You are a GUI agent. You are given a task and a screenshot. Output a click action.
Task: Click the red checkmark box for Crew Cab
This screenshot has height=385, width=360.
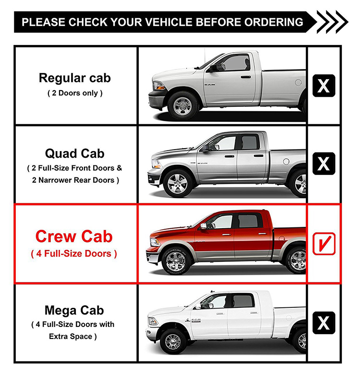(324, 244)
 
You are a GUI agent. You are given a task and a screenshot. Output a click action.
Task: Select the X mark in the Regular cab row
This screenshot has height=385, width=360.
(324, 86)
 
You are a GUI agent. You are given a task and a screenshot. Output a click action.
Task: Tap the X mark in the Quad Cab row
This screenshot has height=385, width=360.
(324, 164)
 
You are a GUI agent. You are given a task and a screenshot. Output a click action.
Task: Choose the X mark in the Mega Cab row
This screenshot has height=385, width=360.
(324, 323)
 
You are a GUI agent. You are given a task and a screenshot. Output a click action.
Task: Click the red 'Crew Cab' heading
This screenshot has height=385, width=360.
(74, 236)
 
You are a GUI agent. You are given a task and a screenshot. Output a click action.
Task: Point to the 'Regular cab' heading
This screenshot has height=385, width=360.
(74, 78)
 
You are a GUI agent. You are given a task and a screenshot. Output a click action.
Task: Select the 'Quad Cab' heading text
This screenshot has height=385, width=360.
(74, 154)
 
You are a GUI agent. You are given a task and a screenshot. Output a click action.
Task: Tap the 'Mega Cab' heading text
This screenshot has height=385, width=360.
(74, 310)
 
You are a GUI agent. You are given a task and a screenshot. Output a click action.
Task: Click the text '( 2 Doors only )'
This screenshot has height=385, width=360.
(74, 93)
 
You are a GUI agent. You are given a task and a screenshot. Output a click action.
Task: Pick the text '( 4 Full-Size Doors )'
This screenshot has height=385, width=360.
(74, 254)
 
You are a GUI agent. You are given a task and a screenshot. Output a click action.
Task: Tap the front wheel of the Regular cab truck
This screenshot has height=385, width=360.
(183, 105)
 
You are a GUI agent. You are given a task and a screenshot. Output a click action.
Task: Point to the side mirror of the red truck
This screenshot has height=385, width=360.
(204, 225)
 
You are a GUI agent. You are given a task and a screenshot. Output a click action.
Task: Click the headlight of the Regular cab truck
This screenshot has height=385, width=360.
(159, 85)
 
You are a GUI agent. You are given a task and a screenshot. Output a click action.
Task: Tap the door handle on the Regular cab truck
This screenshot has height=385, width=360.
(245, 76)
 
